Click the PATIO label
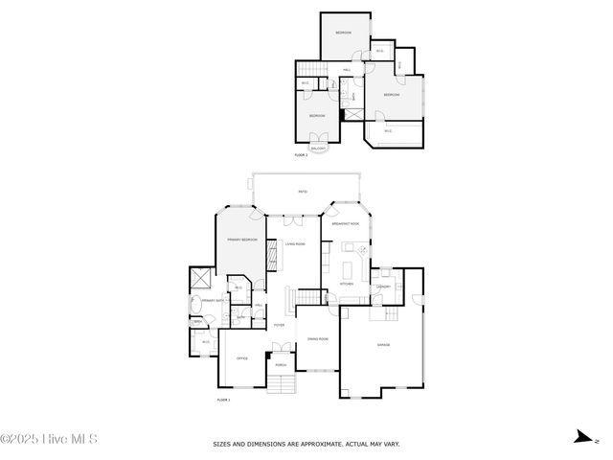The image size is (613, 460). (303, 193)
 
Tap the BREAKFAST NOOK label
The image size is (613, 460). (346, 223)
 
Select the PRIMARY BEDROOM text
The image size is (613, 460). (241, 239)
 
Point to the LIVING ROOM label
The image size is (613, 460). (295, 244)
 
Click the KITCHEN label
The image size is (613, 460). (347, 285)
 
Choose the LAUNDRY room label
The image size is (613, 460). (382, 287)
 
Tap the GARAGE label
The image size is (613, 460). (383, 345)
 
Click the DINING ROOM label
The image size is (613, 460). (318, 339)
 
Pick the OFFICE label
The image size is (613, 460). (242, 358)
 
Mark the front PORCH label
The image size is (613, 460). (281, 365)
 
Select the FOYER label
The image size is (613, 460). (280, 326)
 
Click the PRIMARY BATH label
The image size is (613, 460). (213, 301)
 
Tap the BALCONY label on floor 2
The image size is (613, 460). (318, 148)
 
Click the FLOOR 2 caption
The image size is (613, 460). (301, 154)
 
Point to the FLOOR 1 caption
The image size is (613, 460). (223, 399)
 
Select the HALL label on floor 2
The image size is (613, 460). (346, 70)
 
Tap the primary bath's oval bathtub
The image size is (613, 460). (194, 307)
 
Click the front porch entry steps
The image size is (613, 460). (281, 385)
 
